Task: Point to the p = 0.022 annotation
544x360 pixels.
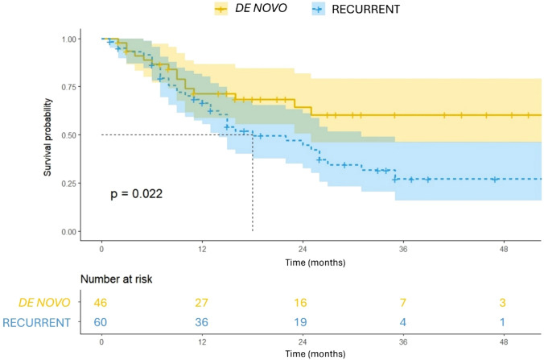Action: tap(136, 194)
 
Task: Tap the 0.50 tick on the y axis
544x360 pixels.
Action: tap(74, 135)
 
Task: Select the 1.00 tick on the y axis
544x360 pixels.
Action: tap(74, 39)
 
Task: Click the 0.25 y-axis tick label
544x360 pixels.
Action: tap(74, 184)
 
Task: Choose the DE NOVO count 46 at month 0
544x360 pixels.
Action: tap(102, 303)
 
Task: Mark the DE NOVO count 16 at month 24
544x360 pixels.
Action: tap(303, 303)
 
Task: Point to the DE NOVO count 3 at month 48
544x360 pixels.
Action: tap(503, 303)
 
